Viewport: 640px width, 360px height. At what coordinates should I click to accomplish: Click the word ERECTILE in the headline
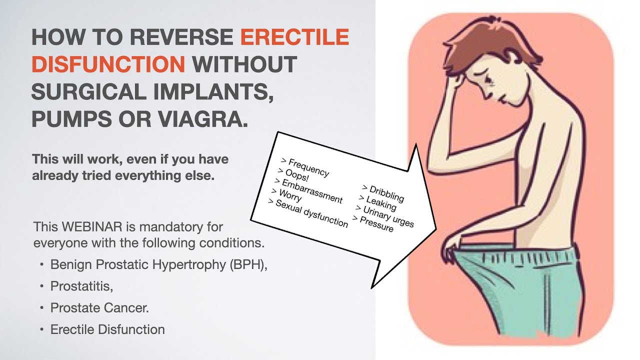tap(294, 36)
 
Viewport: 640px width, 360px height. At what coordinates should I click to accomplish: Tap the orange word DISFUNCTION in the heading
tap(108, 63)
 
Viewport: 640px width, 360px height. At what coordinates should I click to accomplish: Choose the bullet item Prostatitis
tap(81, 286)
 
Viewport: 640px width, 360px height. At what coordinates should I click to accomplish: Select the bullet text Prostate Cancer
tap(99, 307)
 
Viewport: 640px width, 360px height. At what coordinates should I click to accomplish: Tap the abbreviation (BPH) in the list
tap(248, 264)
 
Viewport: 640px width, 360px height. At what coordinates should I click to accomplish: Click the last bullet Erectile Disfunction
tap(107, 329)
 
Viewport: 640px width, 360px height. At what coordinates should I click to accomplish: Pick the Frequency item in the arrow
tap(305, 167)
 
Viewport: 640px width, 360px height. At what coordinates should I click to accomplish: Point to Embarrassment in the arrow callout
tap(308, 190)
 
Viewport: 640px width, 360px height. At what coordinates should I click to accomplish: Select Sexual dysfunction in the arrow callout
tap(308, 213)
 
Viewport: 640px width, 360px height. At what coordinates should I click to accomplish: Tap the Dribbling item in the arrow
tap(383, 193)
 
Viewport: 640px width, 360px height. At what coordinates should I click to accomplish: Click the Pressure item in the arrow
tap(373, 223)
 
